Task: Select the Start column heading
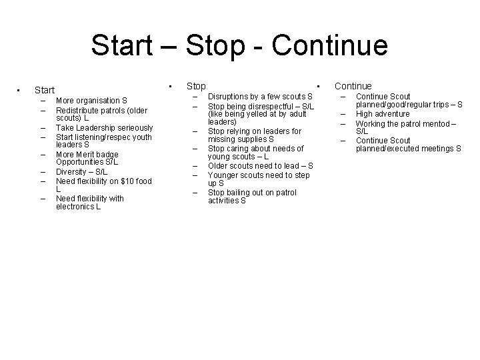click(x=45, y=89)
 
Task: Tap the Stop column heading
click(x=196, y=86)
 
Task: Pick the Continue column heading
click(x=353, y=86)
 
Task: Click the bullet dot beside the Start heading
click(x=19, y=89)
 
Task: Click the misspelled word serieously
click(x=134, y=127)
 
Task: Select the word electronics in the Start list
click(x=75, y=207)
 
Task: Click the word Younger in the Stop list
click(x=225, y=175)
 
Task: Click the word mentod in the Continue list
click(x=433, y=123)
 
